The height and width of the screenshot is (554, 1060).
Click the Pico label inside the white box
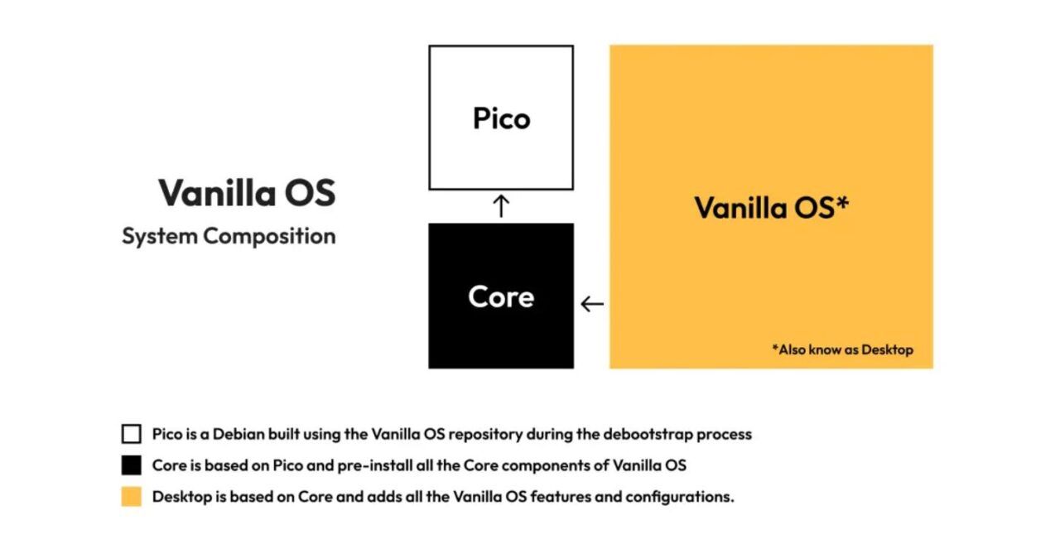click(502, 118)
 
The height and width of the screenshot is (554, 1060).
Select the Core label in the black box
click(501, 296)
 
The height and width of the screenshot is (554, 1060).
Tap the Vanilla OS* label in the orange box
click(771, 208)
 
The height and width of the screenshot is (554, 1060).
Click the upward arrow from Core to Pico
click(501, 206)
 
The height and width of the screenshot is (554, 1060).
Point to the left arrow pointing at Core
click(592, 304)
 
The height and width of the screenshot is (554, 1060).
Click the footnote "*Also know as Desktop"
click(843, 349)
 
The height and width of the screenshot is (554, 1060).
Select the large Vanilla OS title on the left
click(247, 193)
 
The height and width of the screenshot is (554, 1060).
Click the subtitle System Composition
click(229, 236)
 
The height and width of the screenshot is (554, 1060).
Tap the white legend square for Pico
click(131, 434)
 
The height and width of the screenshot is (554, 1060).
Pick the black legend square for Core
click(131, 465)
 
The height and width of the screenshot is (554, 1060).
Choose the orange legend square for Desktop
click(131, 497)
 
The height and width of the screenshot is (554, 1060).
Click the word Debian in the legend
click(238, 434)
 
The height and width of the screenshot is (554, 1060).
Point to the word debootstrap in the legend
click(648, 434)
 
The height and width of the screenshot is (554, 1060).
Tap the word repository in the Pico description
click(485, 434)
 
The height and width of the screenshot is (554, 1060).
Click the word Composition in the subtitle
click(270, 236)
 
